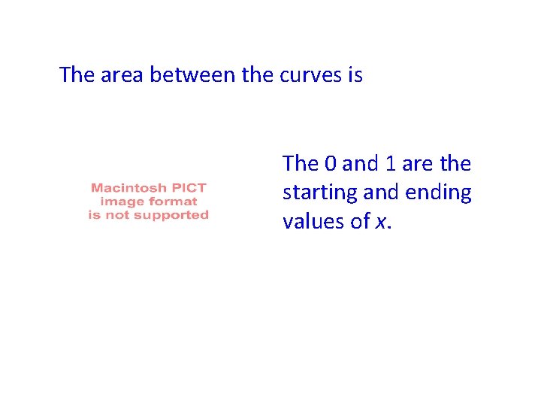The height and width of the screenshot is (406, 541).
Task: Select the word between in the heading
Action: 191,75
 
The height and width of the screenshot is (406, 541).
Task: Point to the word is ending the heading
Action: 355,75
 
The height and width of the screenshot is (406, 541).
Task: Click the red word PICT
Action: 188,187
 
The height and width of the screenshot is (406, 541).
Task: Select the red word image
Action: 118,201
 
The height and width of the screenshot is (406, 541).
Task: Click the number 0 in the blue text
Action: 331,164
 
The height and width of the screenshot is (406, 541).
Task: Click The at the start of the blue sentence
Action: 300,164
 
